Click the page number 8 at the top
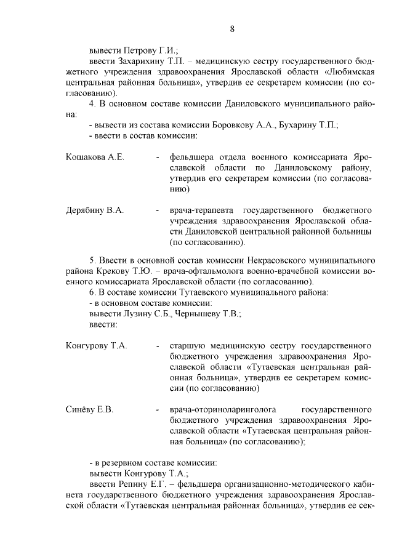pyautogui.click(x=232, y=28)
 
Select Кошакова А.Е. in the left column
pyautogui.click(x=95, y=157)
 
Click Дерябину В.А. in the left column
pyautogui.click(x=95, y=210)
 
